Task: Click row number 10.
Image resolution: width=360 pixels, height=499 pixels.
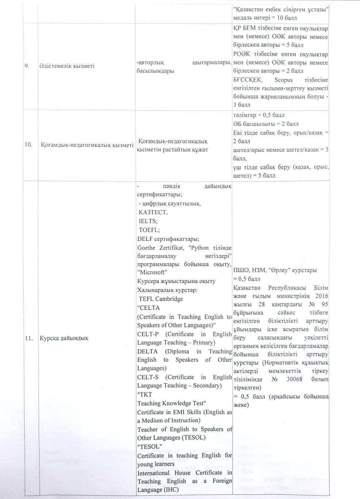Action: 28,145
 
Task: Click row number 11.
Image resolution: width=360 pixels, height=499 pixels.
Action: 29,338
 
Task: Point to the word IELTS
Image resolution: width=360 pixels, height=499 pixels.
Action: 148,221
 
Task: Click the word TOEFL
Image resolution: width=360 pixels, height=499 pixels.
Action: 149,230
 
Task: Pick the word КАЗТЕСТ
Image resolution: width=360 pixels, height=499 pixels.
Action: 153,212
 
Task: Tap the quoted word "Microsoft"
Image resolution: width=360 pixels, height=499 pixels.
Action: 152,272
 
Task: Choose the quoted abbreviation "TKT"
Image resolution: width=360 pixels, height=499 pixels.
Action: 145,394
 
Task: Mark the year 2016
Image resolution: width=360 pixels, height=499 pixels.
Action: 322,296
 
